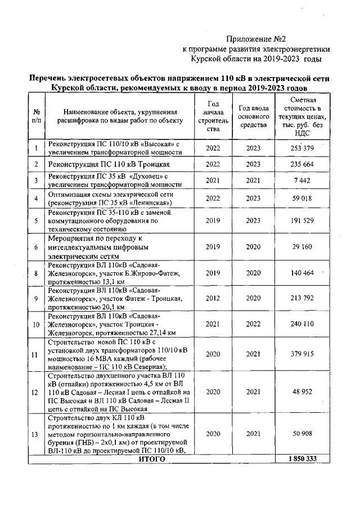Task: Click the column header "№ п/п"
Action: [x=37, y=116]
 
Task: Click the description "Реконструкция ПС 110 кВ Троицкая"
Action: [x=109, y=164]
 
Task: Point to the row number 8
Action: [x=37, y=273]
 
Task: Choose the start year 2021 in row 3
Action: [x=213, y=180]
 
